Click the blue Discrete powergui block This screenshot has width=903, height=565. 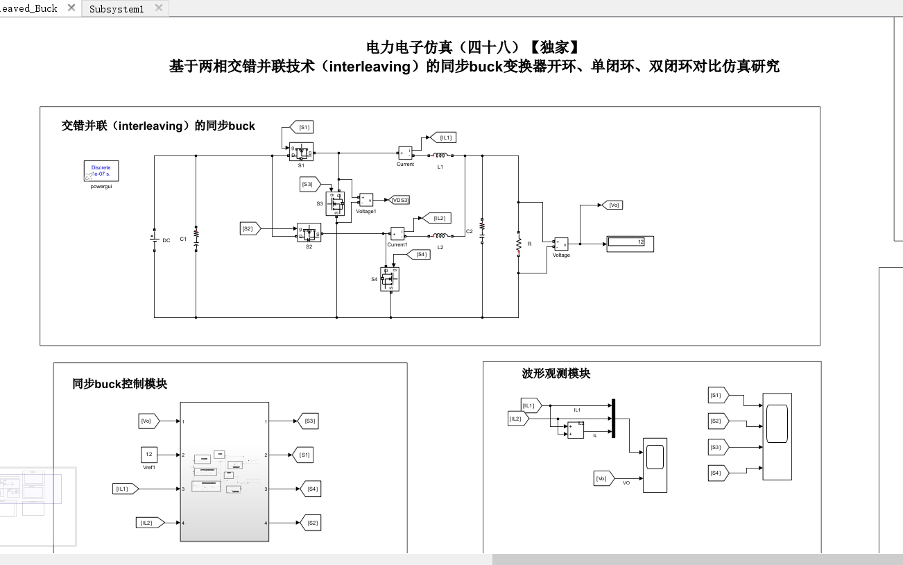(101, 171)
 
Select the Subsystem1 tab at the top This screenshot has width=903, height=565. (117, 9)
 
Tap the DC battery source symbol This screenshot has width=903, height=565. (153, 239)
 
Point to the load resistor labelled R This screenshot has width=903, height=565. (518, 245)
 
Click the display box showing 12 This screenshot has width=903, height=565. (630, 243)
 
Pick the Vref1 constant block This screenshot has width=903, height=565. (148, 455)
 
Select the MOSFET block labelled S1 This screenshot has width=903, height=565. (302, 151)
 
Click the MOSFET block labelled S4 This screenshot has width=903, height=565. (390, 279)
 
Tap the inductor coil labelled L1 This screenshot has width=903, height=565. (440, 156)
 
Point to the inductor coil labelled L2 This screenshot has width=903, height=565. (440, 236)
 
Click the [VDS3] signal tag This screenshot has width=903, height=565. (400, 200)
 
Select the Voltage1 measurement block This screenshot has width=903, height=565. (365, 200)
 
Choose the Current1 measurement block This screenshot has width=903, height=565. (397, 233)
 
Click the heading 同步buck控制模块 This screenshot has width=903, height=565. (120, 384)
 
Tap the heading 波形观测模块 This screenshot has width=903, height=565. (556, 373)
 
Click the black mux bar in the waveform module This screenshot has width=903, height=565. (613, 419)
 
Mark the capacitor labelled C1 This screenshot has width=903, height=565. (196, 238)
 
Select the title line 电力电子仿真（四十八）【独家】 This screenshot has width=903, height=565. (472, 47)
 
